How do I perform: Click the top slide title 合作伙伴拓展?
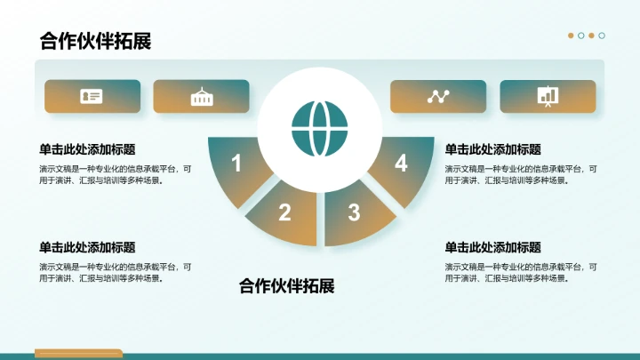(95, 41)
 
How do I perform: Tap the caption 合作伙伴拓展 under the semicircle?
(286, 286)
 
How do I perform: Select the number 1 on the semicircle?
(236, 164)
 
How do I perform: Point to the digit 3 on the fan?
(354, 212)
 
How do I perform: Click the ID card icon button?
(92, 96)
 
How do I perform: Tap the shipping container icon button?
(202, 96)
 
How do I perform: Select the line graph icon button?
(438, 96)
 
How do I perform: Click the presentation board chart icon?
(548, 96)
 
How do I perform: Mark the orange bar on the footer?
(78, 353)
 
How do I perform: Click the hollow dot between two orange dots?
(581, 36)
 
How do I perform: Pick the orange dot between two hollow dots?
(592, 36)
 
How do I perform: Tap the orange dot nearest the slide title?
(571, 36)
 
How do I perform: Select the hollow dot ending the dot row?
(602, 36)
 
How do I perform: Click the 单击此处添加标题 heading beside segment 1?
(87, 149)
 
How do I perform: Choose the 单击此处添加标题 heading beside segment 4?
(492, 149)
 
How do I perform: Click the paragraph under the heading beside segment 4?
(521, 174)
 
